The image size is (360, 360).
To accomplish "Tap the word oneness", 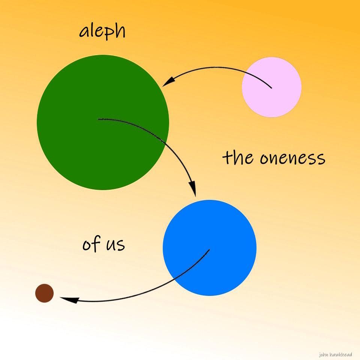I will click(x=292, y=158).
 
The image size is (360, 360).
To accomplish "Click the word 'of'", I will click(x=91, y=244).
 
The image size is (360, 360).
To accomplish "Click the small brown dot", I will click(x=45, y=293).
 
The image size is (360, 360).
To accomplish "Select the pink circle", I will click(x=271, y=87).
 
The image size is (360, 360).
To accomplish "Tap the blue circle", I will click(x=210, y=247).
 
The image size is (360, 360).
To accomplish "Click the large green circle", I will click(x=103, y=122).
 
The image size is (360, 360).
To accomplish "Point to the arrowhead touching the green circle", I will click(x=168, y=81).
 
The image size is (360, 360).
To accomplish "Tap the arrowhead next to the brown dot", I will click(x=67, y=299).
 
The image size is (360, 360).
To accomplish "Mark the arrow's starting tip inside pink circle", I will click(x=271, y=88).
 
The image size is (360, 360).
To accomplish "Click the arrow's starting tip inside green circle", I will click(x=99, y=119).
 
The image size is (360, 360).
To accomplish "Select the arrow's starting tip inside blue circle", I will click(x=209, y=250).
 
